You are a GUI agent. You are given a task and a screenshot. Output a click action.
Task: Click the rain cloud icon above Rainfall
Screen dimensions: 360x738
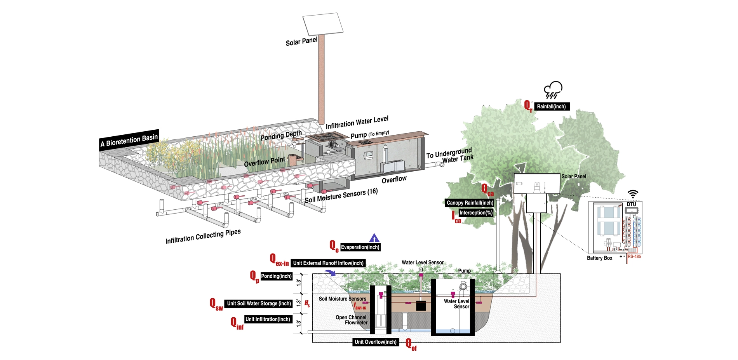(x=553, y=90)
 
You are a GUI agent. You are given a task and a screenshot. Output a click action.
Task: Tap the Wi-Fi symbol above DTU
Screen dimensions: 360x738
(x=633, y=195)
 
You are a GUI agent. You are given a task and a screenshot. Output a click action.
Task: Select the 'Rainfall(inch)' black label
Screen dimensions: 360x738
(x=551, y=106)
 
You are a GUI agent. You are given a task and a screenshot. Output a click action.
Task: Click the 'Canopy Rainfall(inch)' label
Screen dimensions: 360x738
(x=470, y=203)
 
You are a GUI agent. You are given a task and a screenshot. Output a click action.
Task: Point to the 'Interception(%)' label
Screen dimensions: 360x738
(x=476, y=213)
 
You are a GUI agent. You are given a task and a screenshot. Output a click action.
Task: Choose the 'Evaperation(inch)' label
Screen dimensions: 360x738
(x=360, y=247)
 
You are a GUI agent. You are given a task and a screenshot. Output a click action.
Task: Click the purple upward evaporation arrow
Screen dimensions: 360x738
(x=374, y=238)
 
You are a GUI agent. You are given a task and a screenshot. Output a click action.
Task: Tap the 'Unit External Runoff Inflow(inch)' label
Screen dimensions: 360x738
(x=328, y=263)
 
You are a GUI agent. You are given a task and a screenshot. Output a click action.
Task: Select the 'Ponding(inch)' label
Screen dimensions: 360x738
(x=276, y=276)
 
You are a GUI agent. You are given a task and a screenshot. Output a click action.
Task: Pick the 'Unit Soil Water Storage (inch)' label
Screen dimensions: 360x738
(x=259, y=303)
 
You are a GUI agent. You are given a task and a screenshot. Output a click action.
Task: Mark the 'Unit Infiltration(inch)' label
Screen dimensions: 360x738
(x=268, y=319)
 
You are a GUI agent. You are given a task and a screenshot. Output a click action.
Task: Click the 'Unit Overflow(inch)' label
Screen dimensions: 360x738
(x=376, y=342)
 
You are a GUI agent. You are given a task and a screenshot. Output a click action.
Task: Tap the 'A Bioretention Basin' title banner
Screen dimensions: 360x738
(x=129, y=140)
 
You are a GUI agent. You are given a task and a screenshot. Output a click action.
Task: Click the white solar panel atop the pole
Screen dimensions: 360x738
(x=323, y=24)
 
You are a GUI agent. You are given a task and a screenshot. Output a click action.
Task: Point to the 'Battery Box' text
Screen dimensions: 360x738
(x=599, y=258)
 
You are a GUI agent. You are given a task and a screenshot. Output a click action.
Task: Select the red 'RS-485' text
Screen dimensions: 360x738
(x=634, y=256)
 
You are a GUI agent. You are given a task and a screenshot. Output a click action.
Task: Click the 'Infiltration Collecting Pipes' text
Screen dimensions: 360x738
(x=203, y=237)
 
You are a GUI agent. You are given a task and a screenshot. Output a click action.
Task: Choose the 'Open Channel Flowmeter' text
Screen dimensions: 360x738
(x=351, y=320)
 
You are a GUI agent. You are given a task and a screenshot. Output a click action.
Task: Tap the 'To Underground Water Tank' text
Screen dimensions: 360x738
(x=450, y=155)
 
